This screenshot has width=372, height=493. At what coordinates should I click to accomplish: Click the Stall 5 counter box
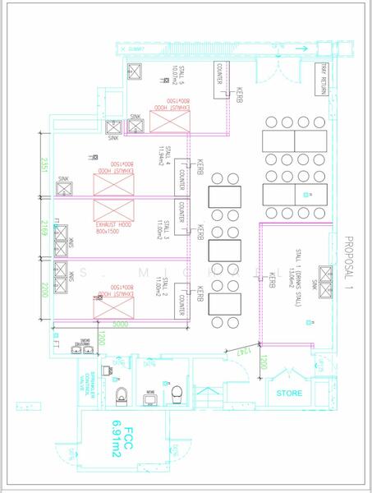point(220,79)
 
